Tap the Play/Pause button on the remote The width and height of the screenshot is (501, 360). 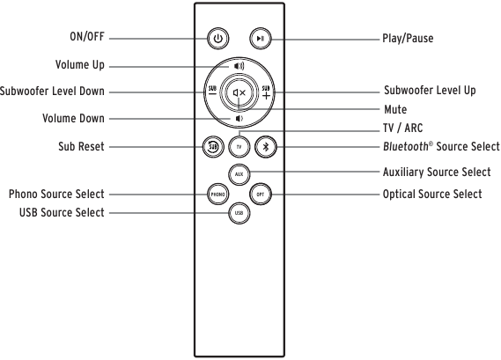point(261,39)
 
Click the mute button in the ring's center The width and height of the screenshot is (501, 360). point(239,92)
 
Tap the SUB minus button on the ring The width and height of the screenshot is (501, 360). point(212,91)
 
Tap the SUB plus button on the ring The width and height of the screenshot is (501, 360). point(266,92)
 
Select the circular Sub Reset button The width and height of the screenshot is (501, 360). point(213,147)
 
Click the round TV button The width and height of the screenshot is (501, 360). point(239,147)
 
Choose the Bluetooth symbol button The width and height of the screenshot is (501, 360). point(266,147)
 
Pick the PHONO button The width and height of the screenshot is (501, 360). point(217,195)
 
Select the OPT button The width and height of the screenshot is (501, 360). point(261,195)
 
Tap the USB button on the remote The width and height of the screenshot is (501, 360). point(239,213)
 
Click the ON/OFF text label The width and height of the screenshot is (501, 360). point(87,36)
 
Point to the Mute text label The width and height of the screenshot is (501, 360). point(395,109)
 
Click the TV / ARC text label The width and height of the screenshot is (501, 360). point(402,129)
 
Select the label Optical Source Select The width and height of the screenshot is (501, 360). point(432,195)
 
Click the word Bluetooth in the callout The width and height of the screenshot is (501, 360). point(406,147)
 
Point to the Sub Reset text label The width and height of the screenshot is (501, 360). point(81,147)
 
